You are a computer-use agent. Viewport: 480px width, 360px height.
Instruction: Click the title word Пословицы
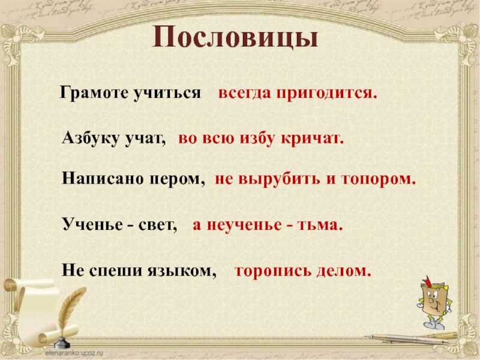[x=235, y=37]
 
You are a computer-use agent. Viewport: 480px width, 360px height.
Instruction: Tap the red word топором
[x=379, y=179]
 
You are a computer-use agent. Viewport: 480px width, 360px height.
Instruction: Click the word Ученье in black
[x=92, y=224]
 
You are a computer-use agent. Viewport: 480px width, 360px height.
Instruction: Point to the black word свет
[x=157, y=226]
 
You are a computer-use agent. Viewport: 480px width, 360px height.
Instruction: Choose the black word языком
[x=182, y=271]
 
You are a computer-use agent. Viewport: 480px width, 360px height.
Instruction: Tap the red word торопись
[x=273, y=271]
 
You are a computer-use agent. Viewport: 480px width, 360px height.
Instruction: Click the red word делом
[x=344, y=271]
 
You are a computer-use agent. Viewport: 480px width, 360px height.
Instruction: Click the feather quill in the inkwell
[x=69, y=312]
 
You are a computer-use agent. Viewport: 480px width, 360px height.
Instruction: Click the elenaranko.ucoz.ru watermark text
[x=74, y=353]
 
